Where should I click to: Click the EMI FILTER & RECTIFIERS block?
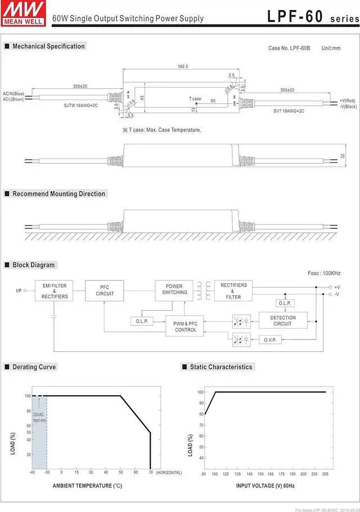pos(54,291)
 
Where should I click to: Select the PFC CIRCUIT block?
pos(105,291)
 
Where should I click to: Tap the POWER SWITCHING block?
pos(174,289)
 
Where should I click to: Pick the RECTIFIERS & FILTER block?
pos(233,291)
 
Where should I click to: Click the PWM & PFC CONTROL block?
pos(186,327)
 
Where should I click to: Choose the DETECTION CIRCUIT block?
pos(282,320)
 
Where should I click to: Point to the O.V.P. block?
pos(270,340)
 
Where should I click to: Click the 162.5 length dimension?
pos(183,67)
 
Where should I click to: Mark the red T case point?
pos(196,104)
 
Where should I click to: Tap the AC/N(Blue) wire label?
pos(13,93)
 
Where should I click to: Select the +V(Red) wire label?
pos(348,100)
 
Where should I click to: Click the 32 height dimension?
pos(343,156)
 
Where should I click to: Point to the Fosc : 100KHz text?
pos(324,273)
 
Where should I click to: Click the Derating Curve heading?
pos(34,367)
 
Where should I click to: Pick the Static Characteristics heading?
pos(221,367)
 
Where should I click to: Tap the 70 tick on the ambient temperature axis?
pos(150,473)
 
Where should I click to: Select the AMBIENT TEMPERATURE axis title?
pos(87,486)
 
